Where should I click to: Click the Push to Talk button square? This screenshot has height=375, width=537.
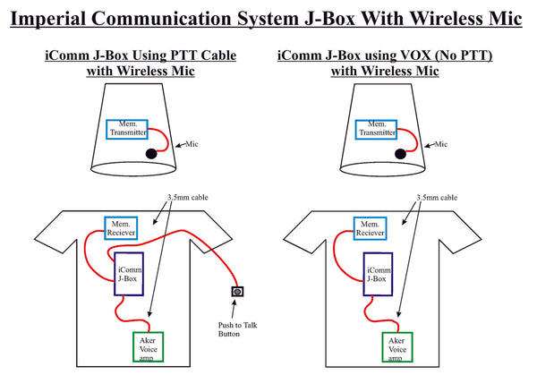tap(237, 292)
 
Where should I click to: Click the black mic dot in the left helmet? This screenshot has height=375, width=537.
tap(151, 154)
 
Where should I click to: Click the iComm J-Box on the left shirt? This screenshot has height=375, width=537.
tap(131, 273)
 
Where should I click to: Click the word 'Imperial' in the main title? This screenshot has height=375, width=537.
tap(57, 19)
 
